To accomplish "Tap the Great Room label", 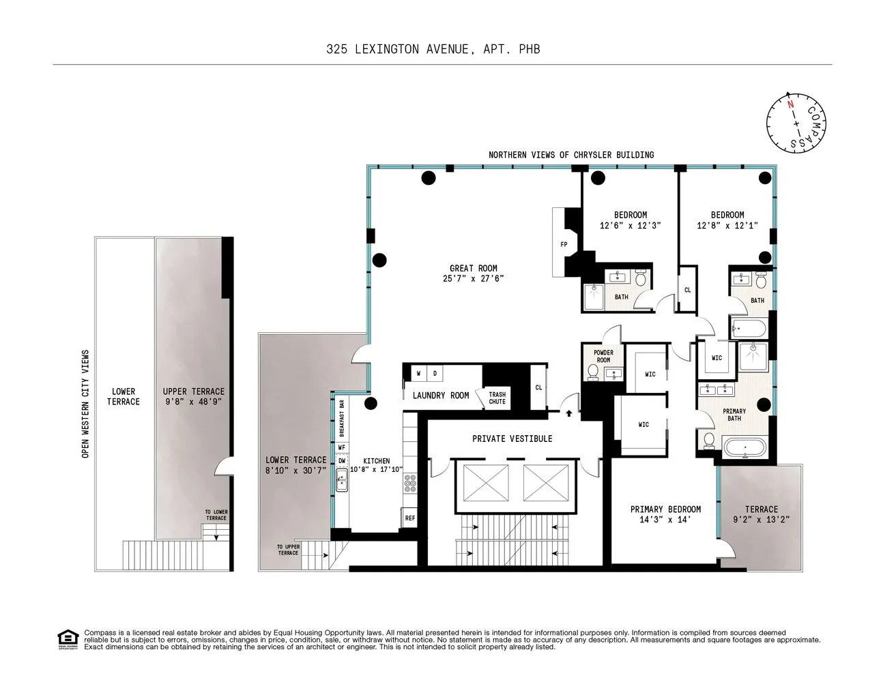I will pos(473,268).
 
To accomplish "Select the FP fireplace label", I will pos(564,244).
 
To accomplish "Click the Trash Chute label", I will pos(497,398).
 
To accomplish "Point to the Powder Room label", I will pos(603,356).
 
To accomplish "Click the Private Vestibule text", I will pos(512,439).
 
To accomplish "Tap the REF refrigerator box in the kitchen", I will pos(409,518).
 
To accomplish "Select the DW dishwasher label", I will pos(341,461).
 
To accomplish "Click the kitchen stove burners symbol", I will pos(410,484).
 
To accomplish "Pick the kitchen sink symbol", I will pos(342,483).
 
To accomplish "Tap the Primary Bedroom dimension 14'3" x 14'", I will pos(665,520).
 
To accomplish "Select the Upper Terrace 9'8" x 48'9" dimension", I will pos(193,402).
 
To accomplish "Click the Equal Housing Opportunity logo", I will pos(68,640).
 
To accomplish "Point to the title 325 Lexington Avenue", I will pos(433,49).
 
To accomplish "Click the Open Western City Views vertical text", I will pos(86,404).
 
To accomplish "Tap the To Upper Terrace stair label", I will pos(288,550).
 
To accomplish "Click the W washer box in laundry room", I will pos(419,374).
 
